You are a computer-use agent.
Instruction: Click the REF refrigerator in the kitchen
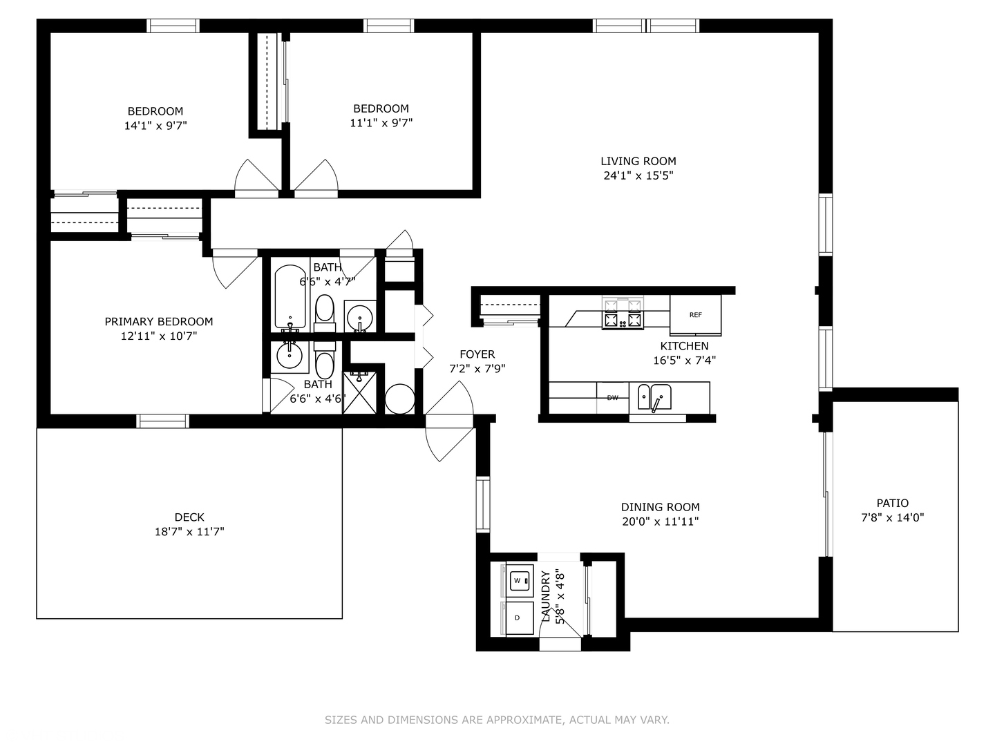coord(695,315)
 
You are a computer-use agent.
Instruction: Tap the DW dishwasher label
coord(612,398)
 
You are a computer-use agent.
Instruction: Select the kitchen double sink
coord(654,396)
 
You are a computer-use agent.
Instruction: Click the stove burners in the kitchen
coord(623,313)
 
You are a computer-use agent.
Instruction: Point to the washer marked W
coord(520,580)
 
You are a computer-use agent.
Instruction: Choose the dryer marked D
coord(520,618)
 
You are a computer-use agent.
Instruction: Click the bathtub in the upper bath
coord(290,297)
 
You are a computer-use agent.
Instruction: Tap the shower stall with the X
coord(359,393)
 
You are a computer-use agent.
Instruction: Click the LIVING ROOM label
coord(638,161)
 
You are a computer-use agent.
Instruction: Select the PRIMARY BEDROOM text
coord(159,322)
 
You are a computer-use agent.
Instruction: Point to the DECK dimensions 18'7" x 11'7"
coord(189,531)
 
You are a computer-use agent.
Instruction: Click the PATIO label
coord(893,503)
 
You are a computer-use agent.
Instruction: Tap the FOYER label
coord(477,354)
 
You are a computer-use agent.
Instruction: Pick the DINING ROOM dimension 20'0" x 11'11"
coord(660,522)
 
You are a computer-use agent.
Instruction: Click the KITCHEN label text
coord(684,346)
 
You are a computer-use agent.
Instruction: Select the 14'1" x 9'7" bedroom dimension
coord(155,126)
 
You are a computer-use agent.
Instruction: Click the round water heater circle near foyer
coord(399,399)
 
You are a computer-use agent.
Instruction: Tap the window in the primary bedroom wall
coord(163,421)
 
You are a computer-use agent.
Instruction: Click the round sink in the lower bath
coord(290,356)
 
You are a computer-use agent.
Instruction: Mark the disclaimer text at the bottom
coord(497,719)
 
